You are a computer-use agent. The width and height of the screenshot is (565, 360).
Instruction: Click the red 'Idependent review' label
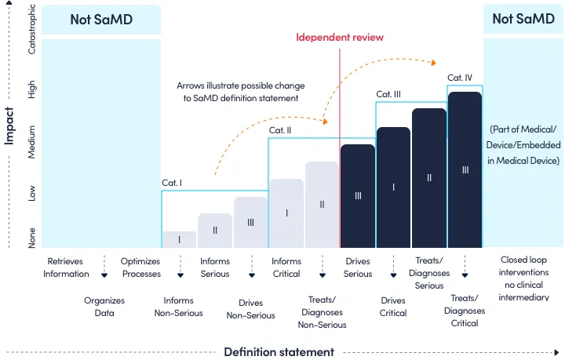tap(339, 38)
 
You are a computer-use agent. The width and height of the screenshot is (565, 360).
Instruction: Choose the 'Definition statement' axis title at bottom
tap(279, 351)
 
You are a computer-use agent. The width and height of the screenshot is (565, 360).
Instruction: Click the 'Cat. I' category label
tap(172, 183)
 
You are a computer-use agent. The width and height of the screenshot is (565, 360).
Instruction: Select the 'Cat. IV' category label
tap(460, 78)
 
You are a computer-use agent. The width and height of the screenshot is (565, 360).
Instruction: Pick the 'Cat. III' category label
tap(388, 94)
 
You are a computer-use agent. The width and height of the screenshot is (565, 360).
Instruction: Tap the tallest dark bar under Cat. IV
tap(465, 169)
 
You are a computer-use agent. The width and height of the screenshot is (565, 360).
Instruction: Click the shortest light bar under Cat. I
tap(179, 239)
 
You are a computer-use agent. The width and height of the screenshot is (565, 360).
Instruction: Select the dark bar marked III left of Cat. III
tap(357, 196)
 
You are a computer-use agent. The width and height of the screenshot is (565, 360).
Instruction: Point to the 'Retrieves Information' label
tap(65, 267)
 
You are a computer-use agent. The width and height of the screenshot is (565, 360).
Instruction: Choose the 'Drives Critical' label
tap(393, 307)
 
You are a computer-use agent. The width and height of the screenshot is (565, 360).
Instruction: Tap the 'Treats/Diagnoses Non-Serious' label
tap(322, 311)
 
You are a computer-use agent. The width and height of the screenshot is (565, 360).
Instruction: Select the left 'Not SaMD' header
tap(101, 20)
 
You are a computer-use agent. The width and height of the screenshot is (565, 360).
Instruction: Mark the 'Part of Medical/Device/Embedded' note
tap(523, 144)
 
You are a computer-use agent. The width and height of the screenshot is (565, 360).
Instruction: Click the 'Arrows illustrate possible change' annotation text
tap(241, 91)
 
